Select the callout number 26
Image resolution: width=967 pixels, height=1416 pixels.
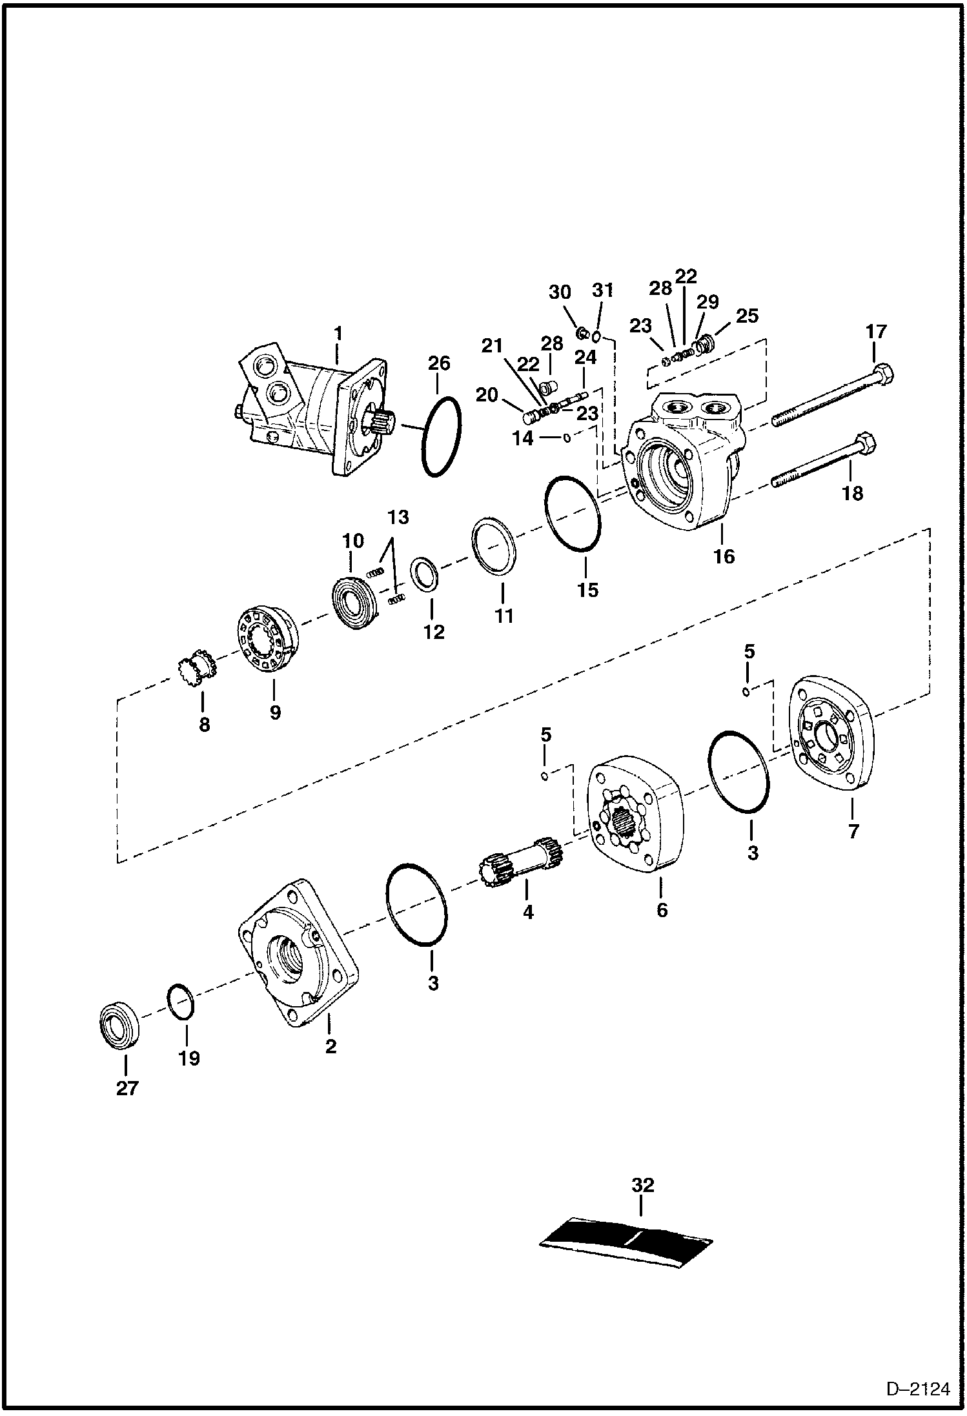pos(439,363)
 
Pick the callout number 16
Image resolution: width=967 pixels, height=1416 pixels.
pos(724,556)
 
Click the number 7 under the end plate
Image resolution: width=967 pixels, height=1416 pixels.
pos(853,831)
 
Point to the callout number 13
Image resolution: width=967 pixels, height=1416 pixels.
pos(398,517)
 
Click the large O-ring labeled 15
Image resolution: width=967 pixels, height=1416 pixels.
pos(573,514)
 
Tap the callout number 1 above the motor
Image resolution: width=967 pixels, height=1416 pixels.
pos(337,335)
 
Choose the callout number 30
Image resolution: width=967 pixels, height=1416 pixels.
pos(560,292)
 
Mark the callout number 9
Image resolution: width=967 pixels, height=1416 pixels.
pos(275,713)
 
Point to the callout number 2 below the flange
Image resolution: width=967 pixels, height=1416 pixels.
pos(331,1046)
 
